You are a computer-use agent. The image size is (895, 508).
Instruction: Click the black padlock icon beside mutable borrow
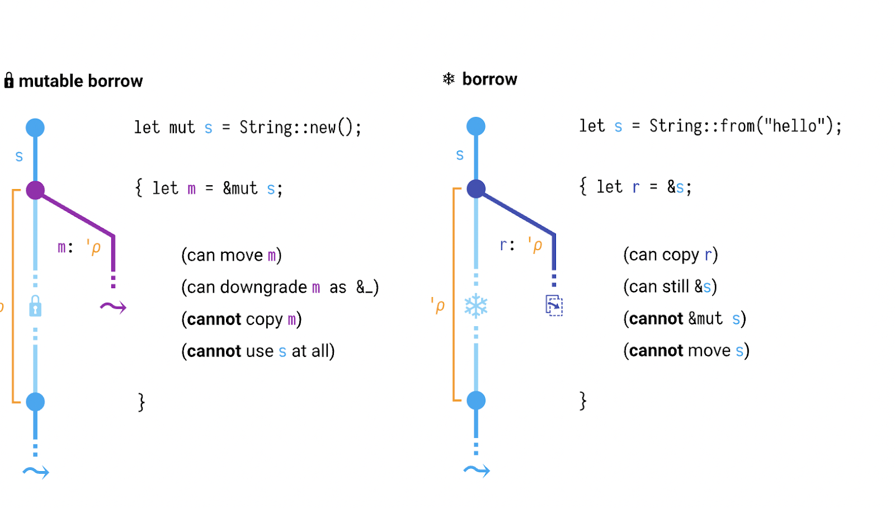tap(9, 81)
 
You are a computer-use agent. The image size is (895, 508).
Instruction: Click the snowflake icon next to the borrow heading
tap(449, 79)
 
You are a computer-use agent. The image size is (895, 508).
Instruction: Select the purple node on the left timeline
tap(35, 190)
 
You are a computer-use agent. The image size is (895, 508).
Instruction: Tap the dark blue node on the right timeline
tap(476, 189)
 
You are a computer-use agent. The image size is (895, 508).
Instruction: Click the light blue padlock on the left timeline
tap(35, 306)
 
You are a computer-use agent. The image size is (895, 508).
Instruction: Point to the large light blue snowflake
tap(476, 306)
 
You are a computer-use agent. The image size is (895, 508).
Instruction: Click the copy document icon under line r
tap(554, 305)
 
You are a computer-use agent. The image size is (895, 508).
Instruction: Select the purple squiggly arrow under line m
tap(113, 307)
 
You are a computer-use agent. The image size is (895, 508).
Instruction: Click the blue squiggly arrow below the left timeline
tap(36, 472)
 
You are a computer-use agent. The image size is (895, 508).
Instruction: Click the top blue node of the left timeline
tap(35, 128)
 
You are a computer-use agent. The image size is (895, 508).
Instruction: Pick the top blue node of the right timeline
tap(476, 126)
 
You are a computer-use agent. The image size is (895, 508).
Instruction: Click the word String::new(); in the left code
tap(300, 128)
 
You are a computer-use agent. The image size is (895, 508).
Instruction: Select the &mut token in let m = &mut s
tap(240, 189)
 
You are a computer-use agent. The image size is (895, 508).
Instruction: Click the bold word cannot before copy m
tap(214, 319)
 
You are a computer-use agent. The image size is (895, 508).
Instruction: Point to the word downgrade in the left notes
tap(263, 288)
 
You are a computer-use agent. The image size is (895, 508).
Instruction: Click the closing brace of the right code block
tap(583, 401)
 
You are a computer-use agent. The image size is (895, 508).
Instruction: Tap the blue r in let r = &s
tap(635, 187)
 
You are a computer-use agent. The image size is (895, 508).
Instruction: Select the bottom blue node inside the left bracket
tap(35, 402)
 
